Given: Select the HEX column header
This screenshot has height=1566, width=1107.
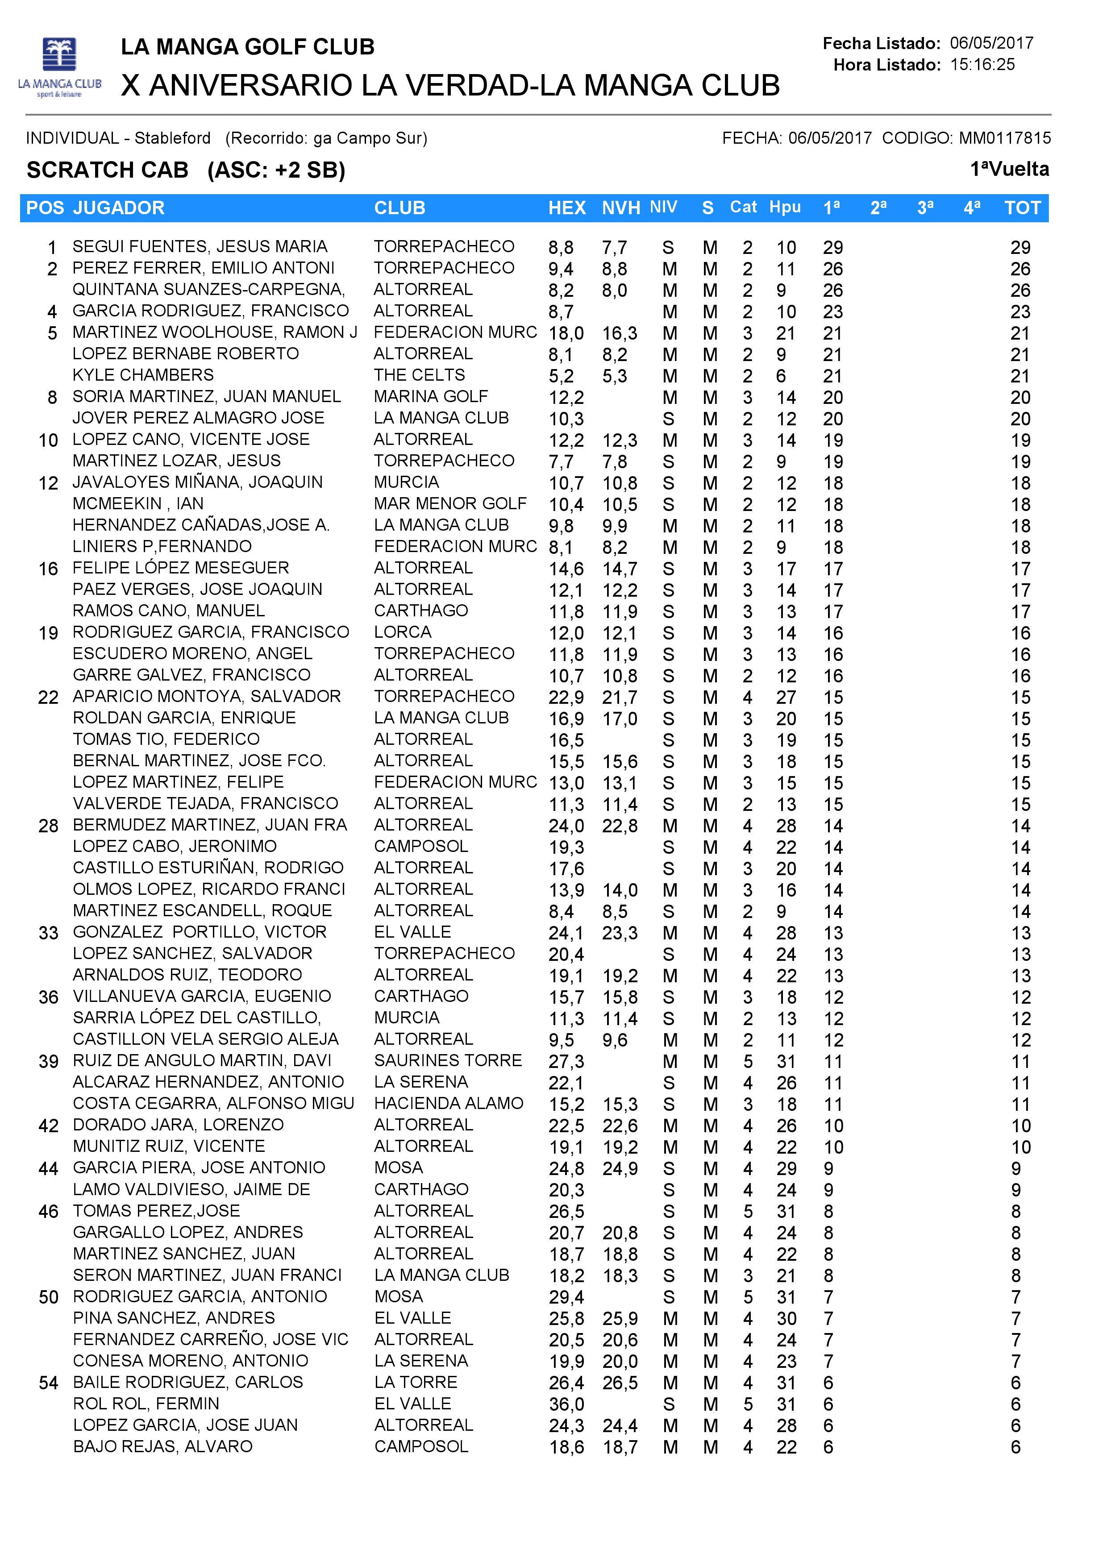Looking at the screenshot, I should [567, 208].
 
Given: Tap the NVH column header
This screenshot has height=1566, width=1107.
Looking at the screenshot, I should [621, 208].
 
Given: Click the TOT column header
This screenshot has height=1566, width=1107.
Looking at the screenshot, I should [1023, 208].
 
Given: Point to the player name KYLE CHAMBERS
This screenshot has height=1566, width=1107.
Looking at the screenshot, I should [143, 375].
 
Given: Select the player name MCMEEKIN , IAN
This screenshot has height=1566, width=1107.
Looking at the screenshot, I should [138, 503].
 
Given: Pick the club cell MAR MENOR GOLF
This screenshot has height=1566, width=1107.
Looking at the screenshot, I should [450, 503].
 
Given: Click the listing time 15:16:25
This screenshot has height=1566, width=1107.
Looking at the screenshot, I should [982, 65].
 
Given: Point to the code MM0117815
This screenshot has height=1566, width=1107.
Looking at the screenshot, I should [1005, 138].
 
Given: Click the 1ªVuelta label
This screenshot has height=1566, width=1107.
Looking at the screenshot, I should [1009, 169].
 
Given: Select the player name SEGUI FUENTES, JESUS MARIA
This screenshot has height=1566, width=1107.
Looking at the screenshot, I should [200, 246].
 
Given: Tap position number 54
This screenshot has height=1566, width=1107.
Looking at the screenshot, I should [48, 1383].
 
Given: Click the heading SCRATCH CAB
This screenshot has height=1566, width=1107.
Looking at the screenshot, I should [107, 170].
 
